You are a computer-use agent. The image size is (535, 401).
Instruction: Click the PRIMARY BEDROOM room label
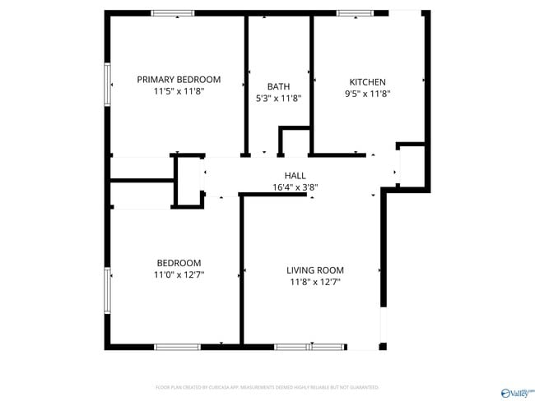tap(179, 80)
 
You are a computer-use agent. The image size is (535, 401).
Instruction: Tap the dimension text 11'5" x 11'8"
tap(179, 93)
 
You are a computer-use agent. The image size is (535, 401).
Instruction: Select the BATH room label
tap(278, 86)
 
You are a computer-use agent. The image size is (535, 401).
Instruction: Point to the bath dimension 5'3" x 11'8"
tap(279, 99)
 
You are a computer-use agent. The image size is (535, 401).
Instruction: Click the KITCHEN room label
tap(367, 82)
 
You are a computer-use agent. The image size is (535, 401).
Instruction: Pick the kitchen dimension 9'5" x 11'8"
tap(367, 94)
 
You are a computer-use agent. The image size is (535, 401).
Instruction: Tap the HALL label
tap(295, 175)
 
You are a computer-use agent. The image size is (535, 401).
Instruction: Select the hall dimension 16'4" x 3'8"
tap(295, 187)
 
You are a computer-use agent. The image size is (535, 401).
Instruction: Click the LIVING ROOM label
tap(314, 270)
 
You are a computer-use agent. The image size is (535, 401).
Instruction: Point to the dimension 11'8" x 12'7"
tap(314, 283)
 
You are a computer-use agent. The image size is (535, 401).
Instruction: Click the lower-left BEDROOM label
tap(179, 263)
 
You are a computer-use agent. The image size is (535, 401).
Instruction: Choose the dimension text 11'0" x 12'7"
tap(179, 275)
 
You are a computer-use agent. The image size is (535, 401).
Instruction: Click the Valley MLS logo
tap(515, 391)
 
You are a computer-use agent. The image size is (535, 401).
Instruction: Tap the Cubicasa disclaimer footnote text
tap(267, 387)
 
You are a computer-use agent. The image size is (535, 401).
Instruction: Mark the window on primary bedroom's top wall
tap(173, 13)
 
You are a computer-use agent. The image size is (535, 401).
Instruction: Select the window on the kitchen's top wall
tap(355, 13)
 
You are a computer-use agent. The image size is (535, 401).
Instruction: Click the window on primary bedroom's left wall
tap(107, 84)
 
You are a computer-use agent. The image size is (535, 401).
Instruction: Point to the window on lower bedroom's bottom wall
tap(178, 347)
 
